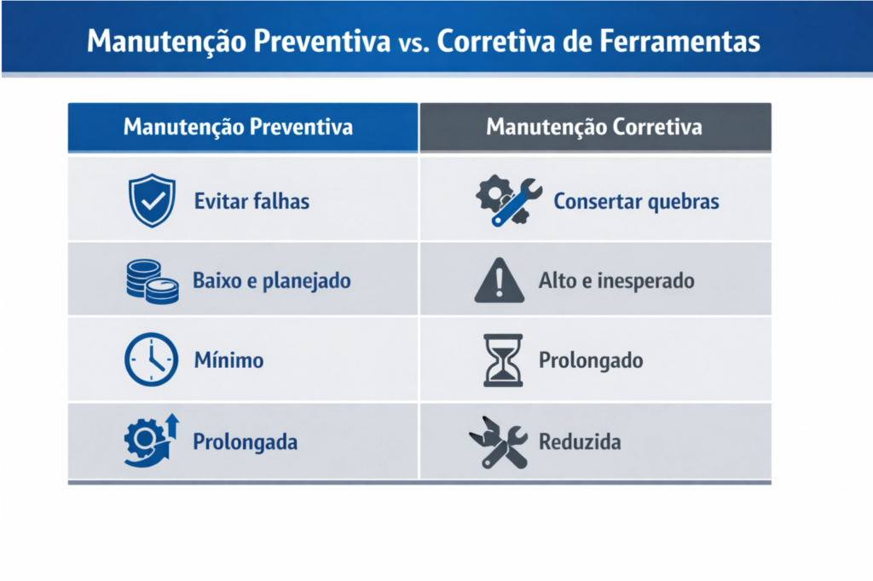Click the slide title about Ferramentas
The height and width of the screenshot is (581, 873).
[424, 41]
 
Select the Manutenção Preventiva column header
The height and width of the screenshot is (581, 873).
[238, 127]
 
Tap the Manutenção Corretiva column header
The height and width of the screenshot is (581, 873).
[594, 127]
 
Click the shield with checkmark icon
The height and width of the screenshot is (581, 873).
[152, 201]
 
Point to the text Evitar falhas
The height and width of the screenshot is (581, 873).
[251, 202]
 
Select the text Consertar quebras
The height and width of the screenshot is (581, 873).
[636, 202]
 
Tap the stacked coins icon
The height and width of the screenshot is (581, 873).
[153, 281]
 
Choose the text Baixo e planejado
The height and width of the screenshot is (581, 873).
[271, 280]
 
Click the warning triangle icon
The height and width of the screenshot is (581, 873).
[500, 282]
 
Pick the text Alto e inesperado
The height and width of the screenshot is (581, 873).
[616, 280]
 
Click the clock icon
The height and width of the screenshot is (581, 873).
[152, 360]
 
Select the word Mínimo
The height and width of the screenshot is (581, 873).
[228, 360]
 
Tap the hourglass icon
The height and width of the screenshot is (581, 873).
[502, 360]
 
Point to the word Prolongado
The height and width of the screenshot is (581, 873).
[591, 360]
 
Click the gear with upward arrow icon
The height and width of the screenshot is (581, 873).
[151, 440]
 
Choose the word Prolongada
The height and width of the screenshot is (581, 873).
[245, 443]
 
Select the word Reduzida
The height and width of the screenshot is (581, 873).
[580, 442]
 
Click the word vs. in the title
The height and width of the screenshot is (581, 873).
[413, 43]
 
